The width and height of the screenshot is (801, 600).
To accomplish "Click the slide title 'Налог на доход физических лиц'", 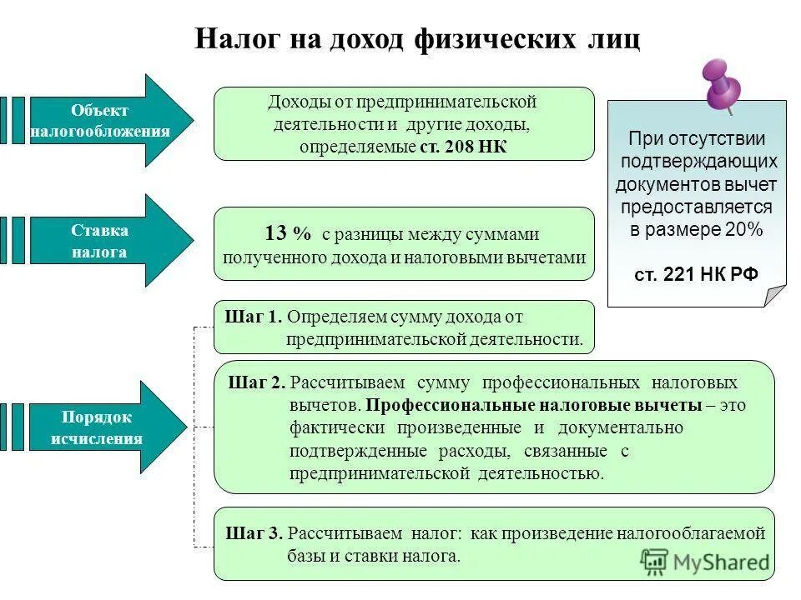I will point(417,39).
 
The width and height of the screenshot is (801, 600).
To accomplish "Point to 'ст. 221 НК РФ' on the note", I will point(697,274).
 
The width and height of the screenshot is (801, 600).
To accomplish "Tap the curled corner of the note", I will point(775,294).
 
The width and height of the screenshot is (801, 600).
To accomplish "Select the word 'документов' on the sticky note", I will point(657,184).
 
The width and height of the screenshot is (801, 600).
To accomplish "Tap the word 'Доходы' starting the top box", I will point(295,102).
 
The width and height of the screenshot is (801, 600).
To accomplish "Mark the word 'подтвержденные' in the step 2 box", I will point(348,451).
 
